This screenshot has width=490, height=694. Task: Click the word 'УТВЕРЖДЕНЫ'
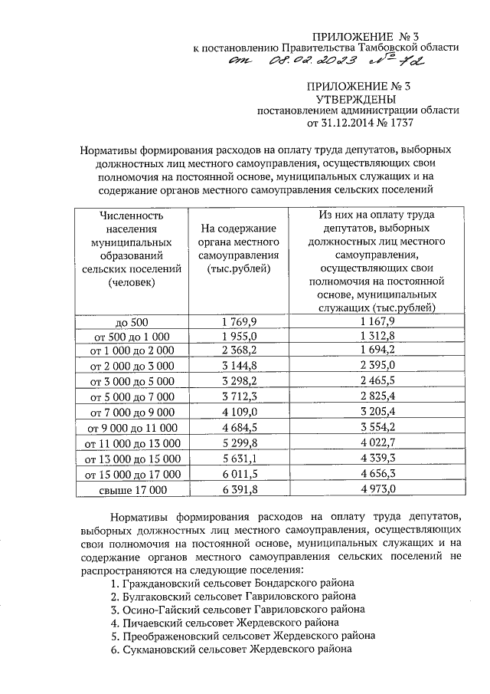356,100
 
